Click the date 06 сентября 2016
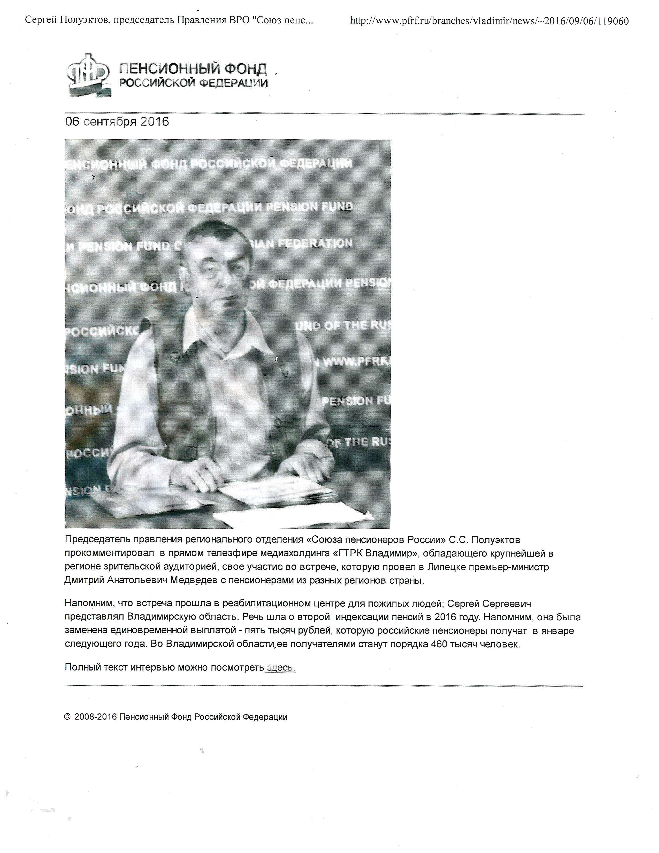tap(117, 121)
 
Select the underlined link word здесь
tap(280, 667)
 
